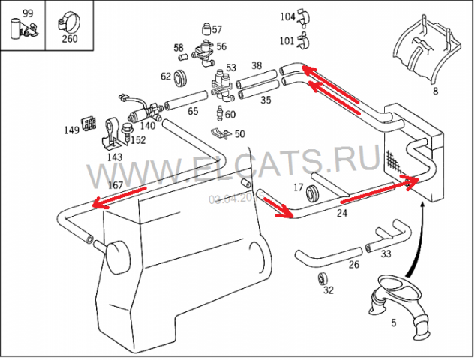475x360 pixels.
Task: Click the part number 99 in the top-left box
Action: (28, 13)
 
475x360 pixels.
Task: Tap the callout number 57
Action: (218, 30)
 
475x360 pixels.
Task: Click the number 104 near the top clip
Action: (288, 16)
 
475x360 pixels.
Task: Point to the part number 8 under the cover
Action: (435, 91)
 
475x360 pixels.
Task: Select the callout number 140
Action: (147, 126)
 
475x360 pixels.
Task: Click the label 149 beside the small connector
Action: (71, 130)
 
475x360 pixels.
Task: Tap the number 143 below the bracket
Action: (115, 157)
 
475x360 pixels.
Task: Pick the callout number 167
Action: (116, 185)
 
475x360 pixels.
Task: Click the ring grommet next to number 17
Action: (315, 191)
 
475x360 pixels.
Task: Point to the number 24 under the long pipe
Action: (342, 213)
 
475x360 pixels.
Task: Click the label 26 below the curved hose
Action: (353, 264)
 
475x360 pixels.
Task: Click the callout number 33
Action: (385, 254)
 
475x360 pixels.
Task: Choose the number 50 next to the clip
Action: (239, 134)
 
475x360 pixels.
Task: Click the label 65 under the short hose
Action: (193, 111)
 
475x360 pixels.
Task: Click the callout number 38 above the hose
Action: (257, 66)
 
